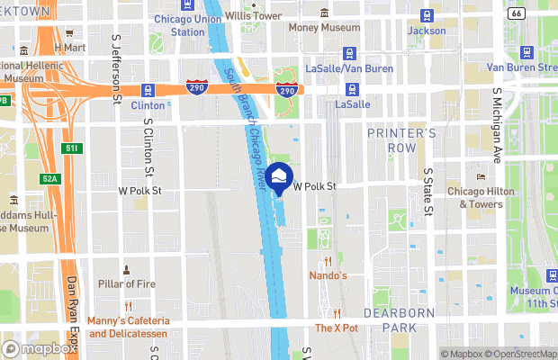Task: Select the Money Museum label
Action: coord(324,27)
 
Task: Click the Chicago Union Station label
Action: coord(187,25)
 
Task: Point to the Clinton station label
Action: coord(148,105)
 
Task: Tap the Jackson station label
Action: coord(426,31)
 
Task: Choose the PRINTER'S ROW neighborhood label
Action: coord(401,140)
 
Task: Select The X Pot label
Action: coord(337,328)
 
